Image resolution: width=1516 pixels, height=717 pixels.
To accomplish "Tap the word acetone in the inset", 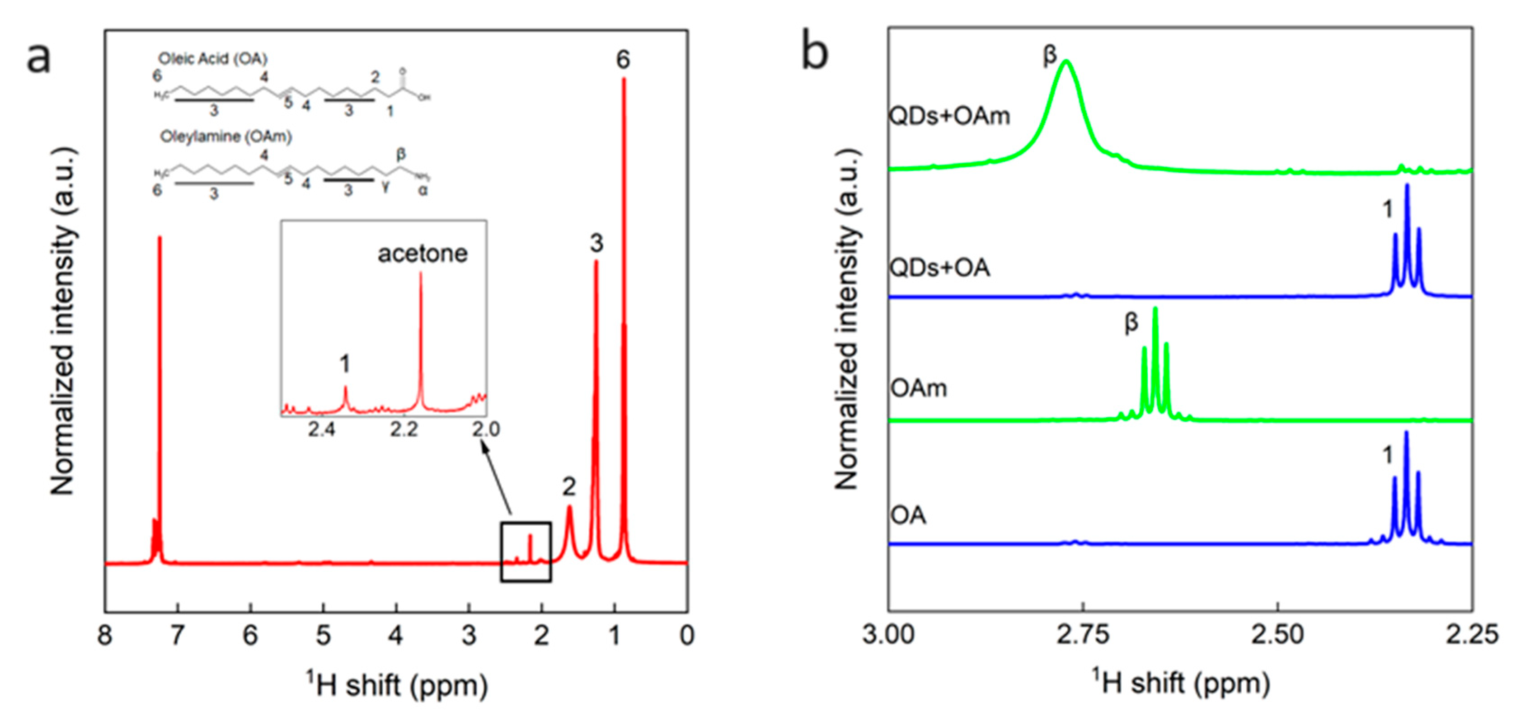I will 422,254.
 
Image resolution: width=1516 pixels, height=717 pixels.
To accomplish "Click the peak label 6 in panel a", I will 623,60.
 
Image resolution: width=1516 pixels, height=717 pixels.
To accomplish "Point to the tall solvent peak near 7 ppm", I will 160,353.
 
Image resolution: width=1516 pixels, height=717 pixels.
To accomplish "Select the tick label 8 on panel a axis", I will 105,636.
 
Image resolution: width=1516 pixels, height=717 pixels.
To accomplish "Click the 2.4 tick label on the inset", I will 321,429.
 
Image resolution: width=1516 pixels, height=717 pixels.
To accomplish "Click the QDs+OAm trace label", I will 949,116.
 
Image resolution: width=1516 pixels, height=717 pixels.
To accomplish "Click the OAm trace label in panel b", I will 919,388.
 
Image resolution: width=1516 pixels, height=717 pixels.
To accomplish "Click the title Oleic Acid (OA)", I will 212,59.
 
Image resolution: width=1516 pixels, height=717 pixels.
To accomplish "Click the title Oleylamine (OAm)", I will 226,137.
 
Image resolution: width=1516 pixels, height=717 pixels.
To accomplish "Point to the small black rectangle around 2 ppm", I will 526,552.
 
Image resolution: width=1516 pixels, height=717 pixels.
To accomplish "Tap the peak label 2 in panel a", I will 568,487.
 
